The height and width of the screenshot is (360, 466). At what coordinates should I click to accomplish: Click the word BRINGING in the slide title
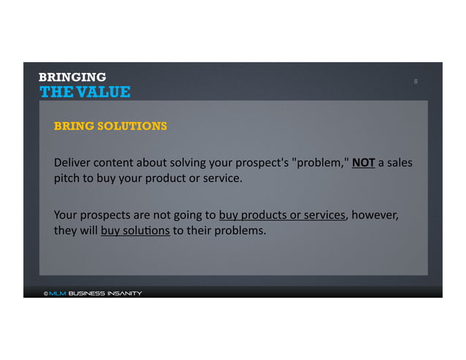tap(72, 77)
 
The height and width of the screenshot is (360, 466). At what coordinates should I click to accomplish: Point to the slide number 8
tap(416, 81)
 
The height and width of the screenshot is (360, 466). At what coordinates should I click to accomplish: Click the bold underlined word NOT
tap(363, 161)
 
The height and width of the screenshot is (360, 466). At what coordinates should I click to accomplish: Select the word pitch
tap(67, 177)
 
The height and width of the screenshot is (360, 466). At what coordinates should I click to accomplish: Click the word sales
tap(399, 161)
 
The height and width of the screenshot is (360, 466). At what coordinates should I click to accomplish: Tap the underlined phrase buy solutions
tap(135, 231)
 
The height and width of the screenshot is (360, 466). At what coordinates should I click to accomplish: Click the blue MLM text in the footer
tap(58, 294)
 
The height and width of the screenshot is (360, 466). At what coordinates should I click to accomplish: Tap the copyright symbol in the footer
tap(45, 294)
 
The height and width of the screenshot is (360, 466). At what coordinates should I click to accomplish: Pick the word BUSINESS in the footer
tap(85, 294)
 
